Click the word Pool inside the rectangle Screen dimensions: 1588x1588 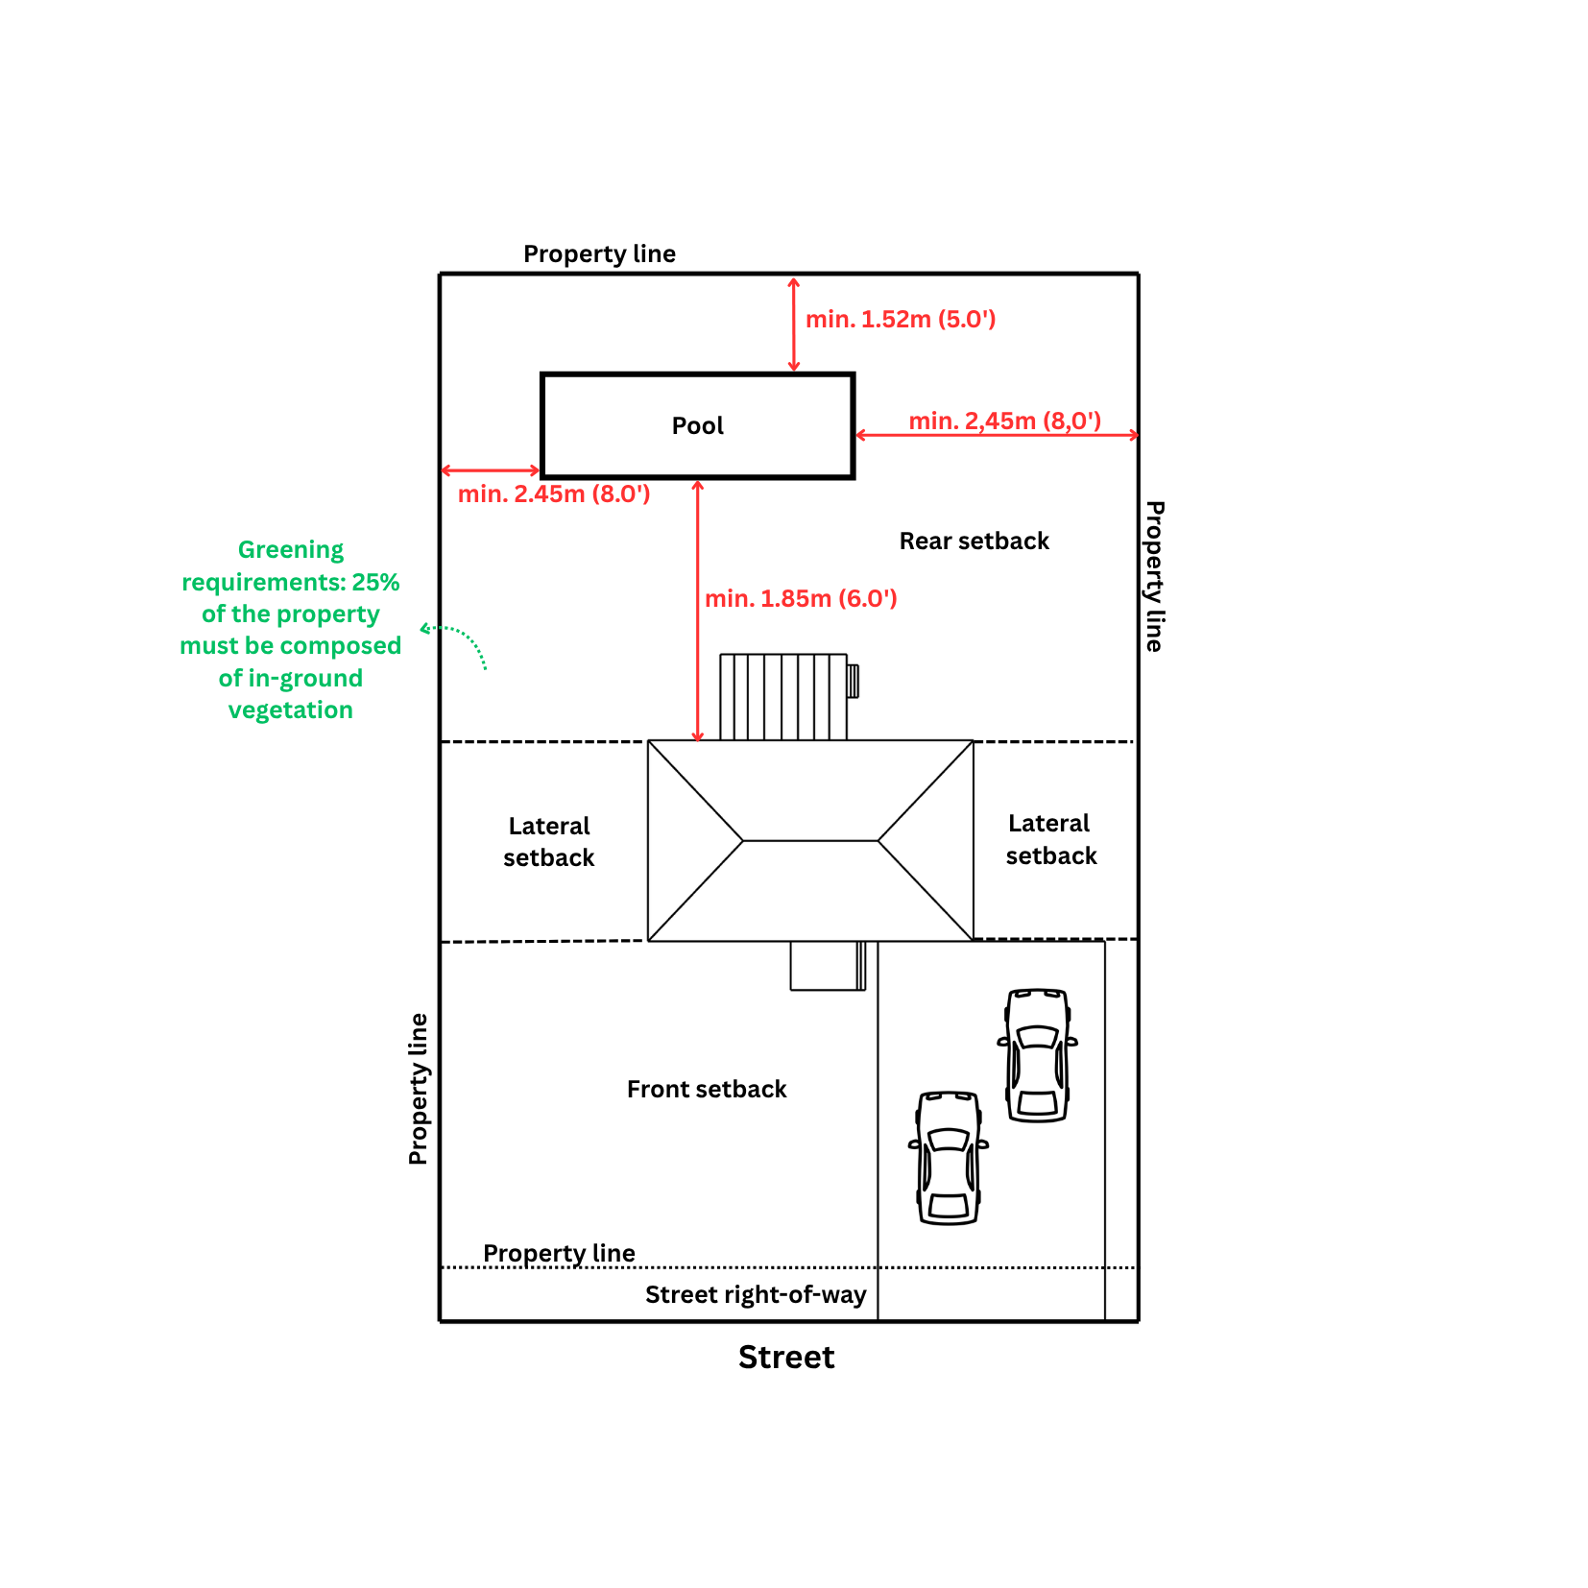(x=697, y=425)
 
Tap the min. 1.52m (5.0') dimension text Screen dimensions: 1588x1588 (x=901, y=320)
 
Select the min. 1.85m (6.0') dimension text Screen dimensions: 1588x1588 (x=801, y=599)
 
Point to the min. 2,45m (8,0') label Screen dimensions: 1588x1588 (x=1004, y=421)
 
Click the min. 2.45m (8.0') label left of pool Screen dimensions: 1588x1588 (x=554, y=494)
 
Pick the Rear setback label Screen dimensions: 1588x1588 (x=974, y=541)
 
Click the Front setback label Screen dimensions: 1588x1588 (x=707, y=1090)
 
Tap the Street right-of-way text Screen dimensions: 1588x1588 (x=756, y=1295)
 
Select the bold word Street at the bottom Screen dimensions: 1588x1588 (x=786, y=1358)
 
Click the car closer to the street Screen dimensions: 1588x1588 (x=949, y=1158)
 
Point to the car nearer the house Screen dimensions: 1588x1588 (x=1038, y=1055)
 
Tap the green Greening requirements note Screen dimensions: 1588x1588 (x=291, y=630)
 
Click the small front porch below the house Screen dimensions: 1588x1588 (x=828, y=966)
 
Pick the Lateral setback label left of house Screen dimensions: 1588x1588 (x=549, y=842)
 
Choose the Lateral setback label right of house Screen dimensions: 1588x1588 (x=1050, y=840)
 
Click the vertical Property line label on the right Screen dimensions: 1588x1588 (x=1155, y=576)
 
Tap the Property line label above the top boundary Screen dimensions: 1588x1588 (x=599, y=254)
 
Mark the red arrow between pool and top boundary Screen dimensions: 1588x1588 (x=793, y=325)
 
